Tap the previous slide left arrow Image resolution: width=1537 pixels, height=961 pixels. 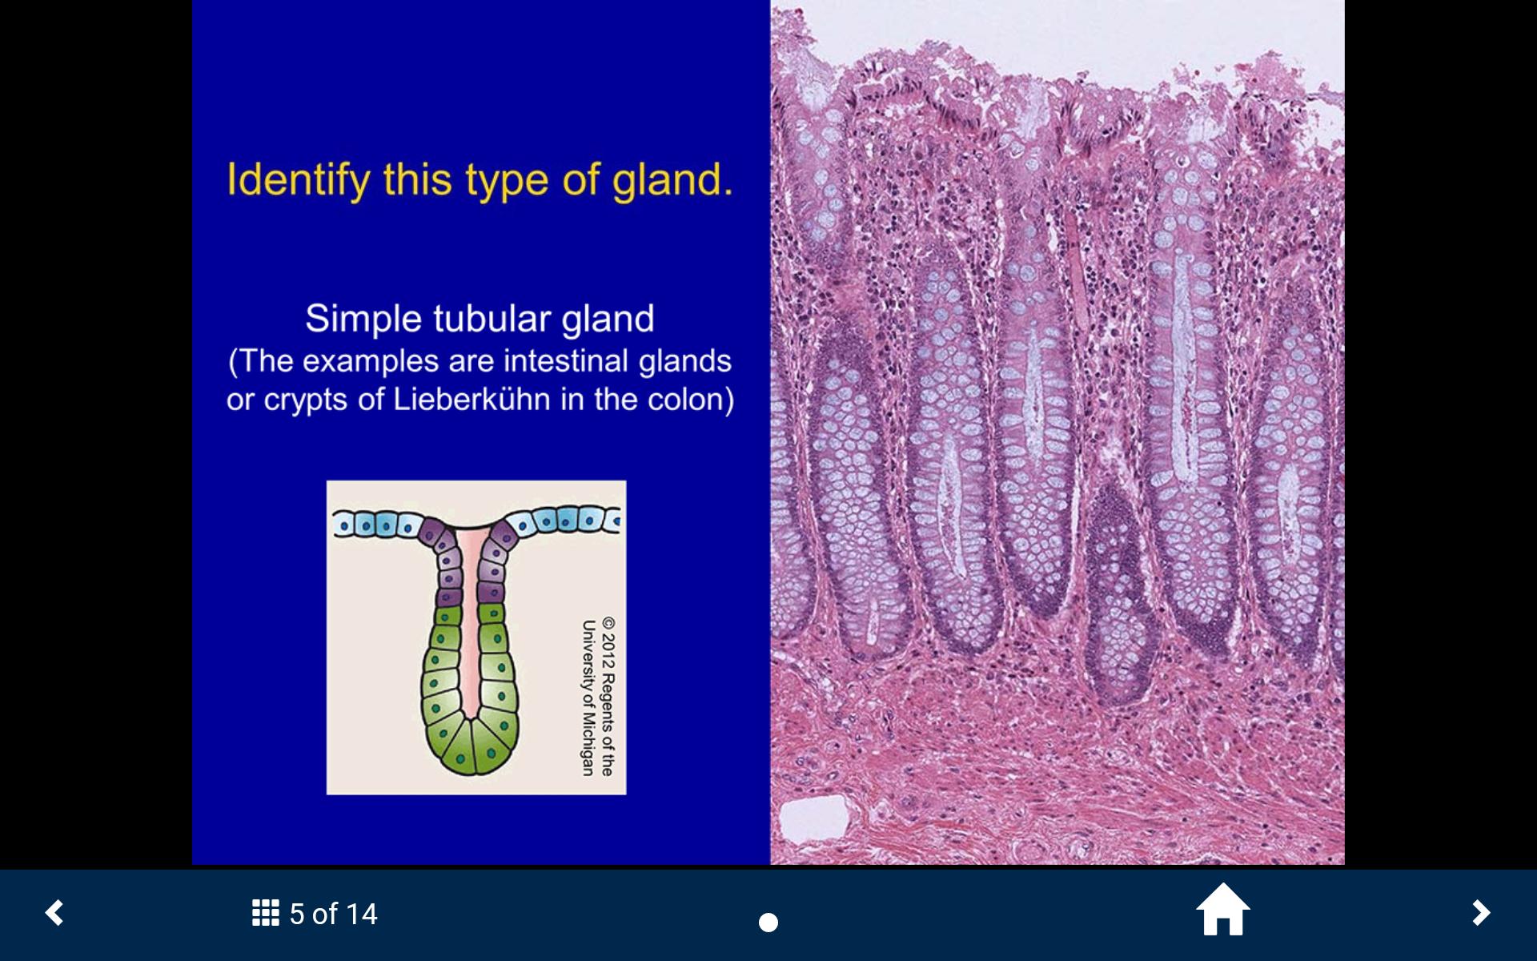pos(54,913)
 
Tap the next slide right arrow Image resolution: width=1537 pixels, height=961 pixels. pos(1481,913)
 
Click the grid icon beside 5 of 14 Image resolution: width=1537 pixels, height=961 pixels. pos(266,913)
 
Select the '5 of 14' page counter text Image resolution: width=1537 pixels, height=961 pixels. pos(333,914)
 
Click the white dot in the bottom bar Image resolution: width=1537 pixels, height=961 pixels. pos(768,923)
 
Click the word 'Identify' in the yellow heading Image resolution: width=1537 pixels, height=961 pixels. pos(299,180)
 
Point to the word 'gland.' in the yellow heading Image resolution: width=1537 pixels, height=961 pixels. pos(672,179)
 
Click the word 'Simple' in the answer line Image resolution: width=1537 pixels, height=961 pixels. pos(363,320)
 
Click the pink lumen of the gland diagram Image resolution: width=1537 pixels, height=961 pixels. pos(471,625)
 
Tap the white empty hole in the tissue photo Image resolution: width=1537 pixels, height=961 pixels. pos(813,819)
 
